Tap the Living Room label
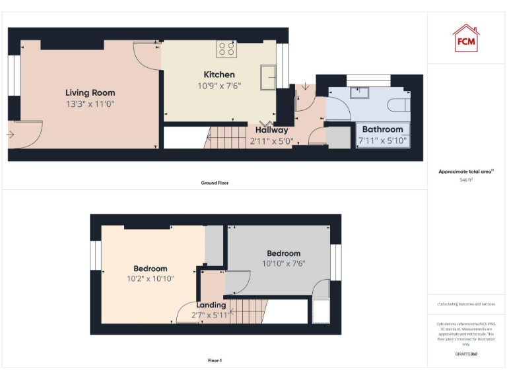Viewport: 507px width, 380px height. click(x=90, y=93)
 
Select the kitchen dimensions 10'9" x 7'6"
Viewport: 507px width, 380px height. click(x=219, y=86)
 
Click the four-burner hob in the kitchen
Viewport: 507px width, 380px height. click(x=226, y=48)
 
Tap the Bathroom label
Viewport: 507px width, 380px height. click(x=382, y=130)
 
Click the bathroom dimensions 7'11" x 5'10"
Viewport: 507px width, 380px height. click(x=382, y=141)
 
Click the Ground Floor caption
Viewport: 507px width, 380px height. click(x=215, y=183)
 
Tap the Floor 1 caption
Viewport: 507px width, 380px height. click(x=215, y=361)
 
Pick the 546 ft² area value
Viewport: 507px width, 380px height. click(x=466, y=179)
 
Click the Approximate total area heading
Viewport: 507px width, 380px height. click(x=466, y=172)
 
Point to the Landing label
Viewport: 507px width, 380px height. click(x=211, y=305)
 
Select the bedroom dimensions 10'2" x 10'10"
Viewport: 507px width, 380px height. click(x=151, y=280)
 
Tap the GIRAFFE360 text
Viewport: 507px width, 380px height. click(x=466, y=354)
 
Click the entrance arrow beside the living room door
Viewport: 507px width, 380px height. click(x=11, y=135)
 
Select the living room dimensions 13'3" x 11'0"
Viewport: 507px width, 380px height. click(x=90, y=104)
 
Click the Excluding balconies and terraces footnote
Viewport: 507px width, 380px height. click(x=466, y=304)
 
